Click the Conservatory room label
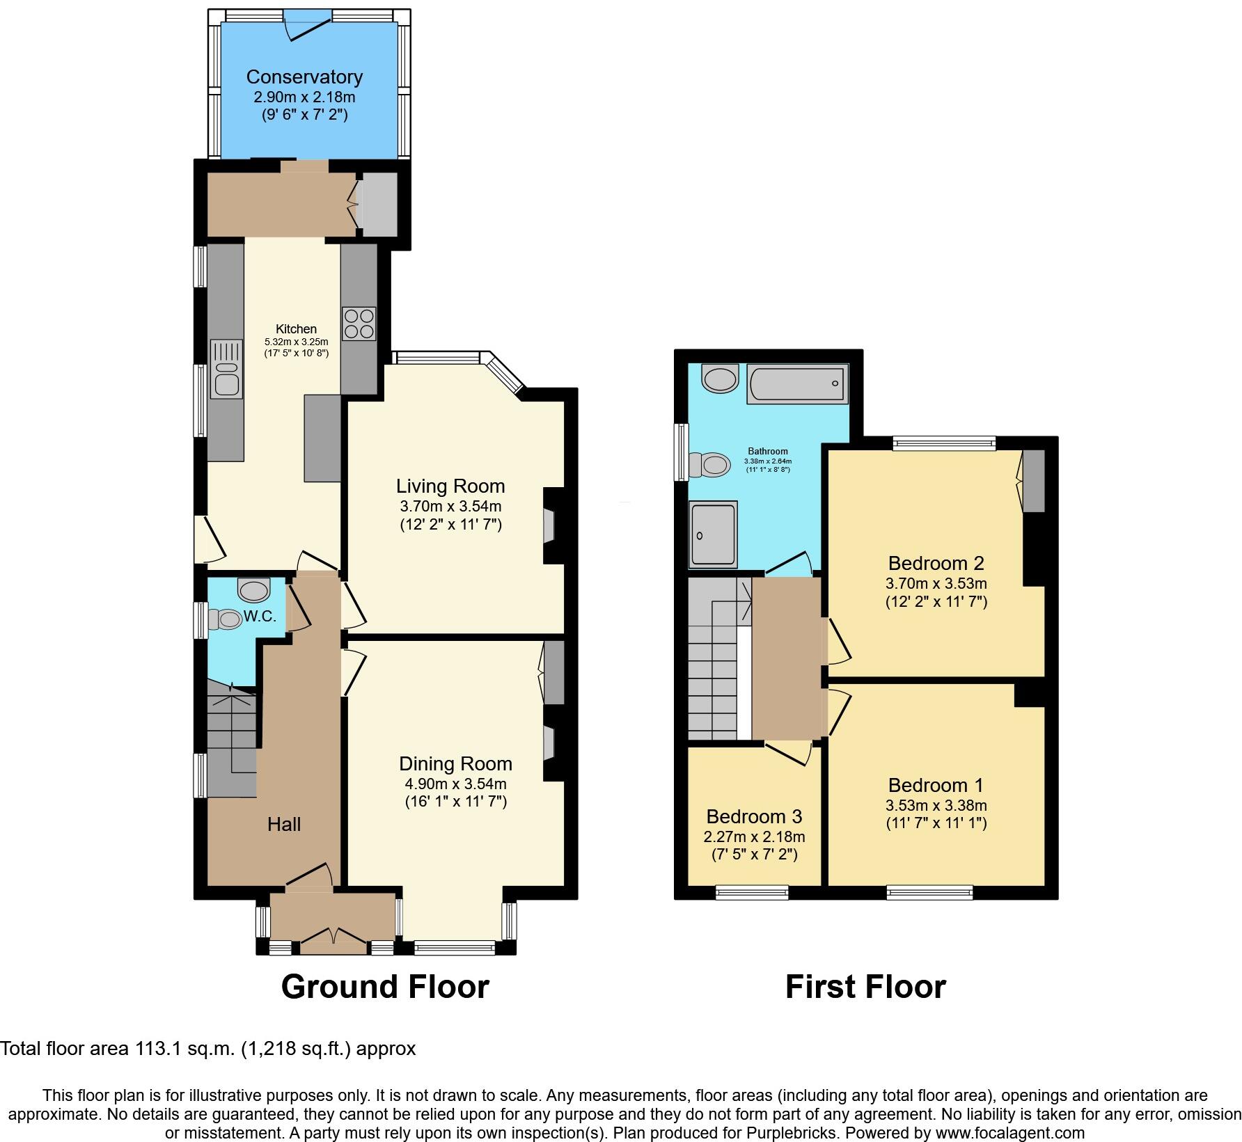point(304,77)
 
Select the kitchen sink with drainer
point(226,370)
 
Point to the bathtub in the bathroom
point(798,383)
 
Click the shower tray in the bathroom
point(713,534)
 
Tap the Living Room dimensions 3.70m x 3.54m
point(450,506)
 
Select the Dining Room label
point(455,764)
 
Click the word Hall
point(284,825)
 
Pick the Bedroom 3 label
point(754,816)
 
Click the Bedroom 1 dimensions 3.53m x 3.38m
point(936,806)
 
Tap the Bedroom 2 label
point(936,563)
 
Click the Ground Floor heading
point(385,987)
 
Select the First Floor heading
point(865,987)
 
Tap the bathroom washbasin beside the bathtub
point(720,379)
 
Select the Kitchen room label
point(296,329)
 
